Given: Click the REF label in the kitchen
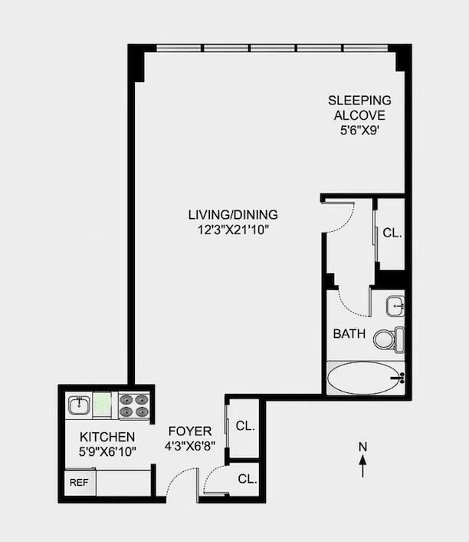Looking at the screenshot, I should tap(79, 483).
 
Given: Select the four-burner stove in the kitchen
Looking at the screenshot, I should tap(133, 405).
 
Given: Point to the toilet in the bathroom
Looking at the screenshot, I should tap(392, 338).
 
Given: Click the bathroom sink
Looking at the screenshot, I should tap(395, 305).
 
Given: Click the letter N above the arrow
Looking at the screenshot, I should tap(363, 447).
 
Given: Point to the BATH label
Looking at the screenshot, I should tap(349, 334).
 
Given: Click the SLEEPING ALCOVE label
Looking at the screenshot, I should tap(359, 107).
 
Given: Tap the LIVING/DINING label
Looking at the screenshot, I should tap(233, 214).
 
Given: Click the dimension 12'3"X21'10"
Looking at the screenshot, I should tap(233, 229).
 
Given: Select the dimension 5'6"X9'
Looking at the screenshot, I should tap(359, 131).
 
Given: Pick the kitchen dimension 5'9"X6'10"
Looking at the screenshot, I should tap(107, 451).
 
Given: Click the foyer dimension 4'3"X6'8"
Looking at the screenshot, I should tap(190, 445).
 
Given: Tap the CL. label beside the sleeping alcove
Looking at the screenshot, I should tap(392, 232).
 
